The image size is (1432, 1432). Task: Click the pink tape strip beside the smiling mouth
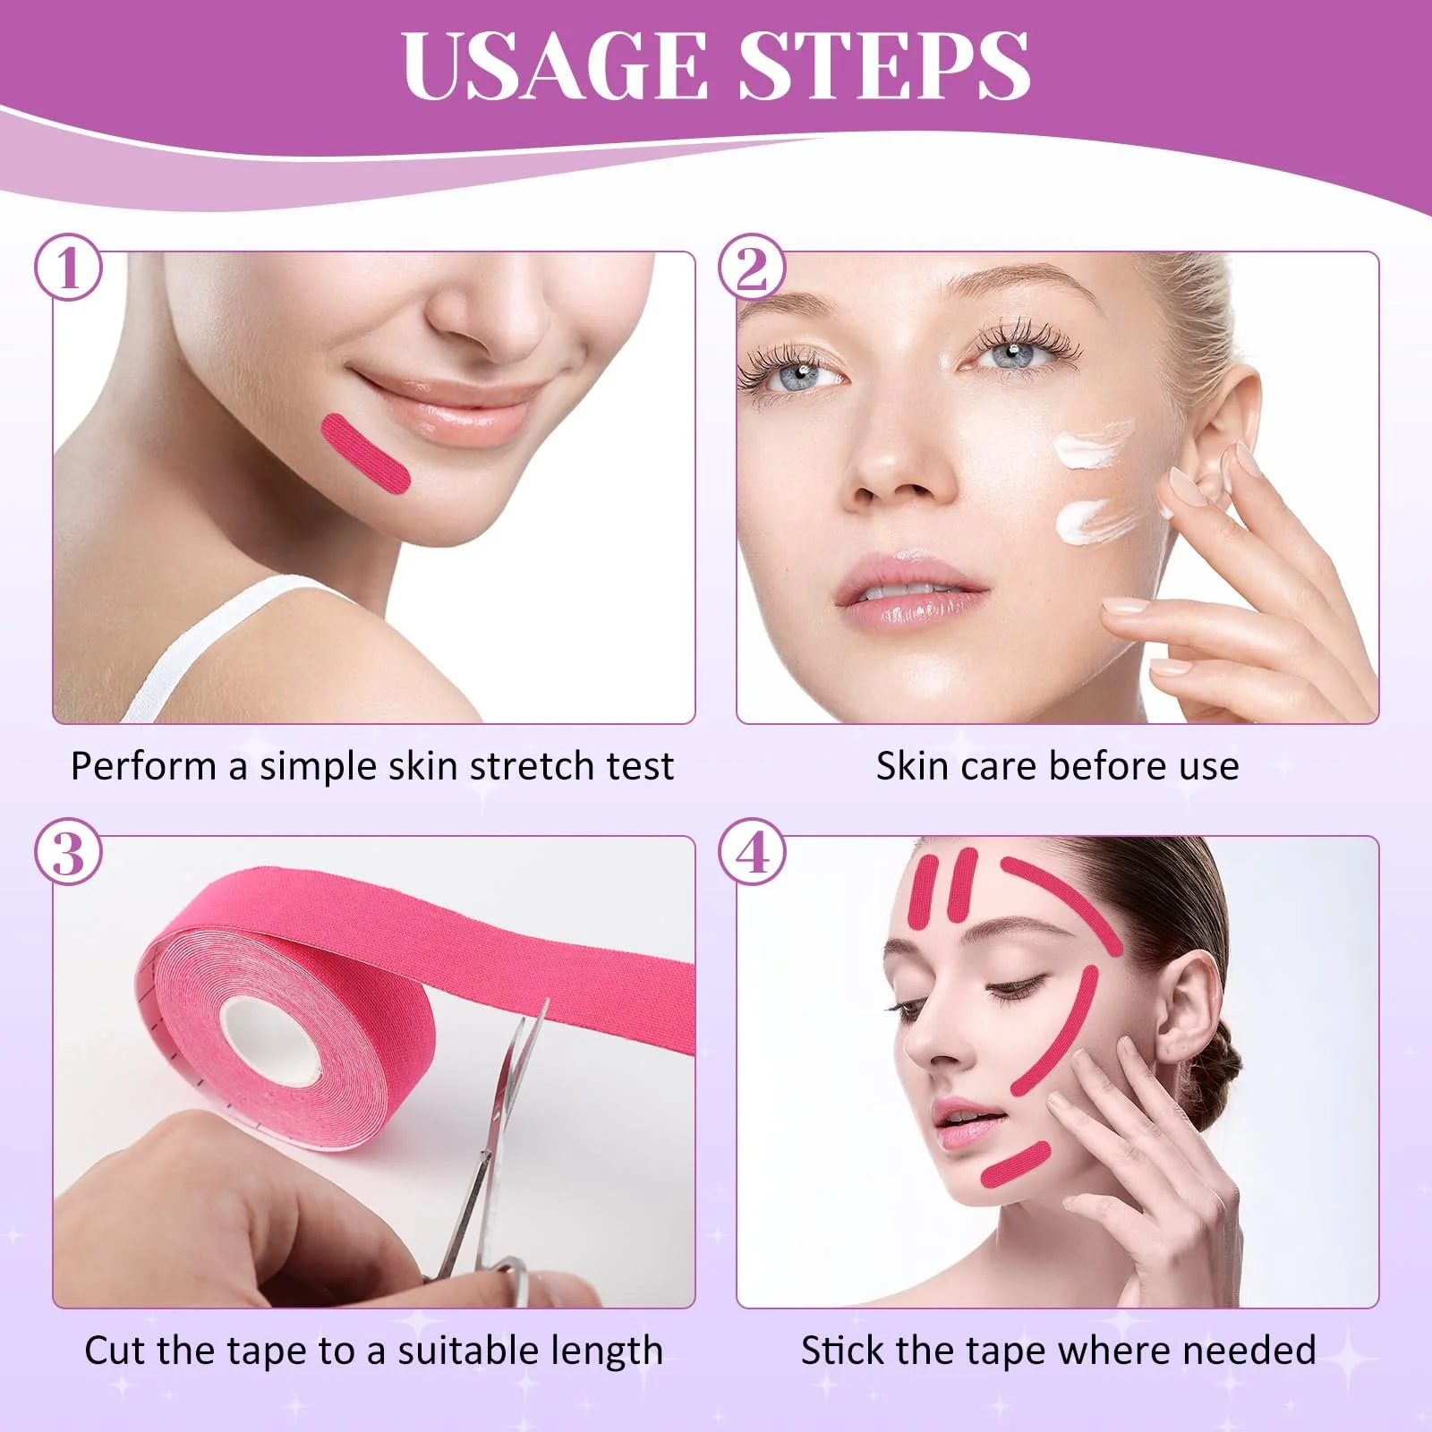point(366,454)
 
